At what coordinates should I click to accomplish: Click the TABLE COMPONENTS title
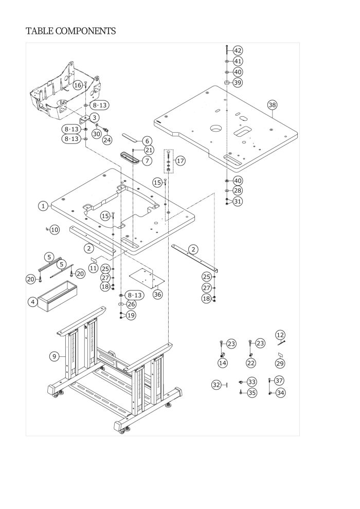tap(70, 31)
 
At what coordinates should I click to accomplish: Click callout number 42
tap(238, 50)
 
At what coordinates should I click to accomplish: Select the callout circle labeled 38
tap(272, 105)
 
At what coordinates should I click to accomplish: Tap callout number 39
tap(238, 83)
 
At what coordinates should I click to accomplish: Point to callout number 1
tap(44, 206)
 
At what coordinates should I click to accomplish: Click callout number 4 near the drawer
tap(33, 302)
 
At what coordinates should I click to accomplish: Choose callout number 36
tap(157, 295)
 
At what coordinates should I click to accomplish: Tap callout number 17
tap(180, 161)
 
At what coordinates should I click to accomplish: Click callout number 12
tap(280, 335)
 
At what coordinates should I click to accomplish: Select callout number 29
tap(280, 363)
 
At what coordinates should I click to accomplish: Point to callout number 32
tap(217, 385)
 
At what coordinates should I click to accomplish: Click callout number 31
tap(238, 202)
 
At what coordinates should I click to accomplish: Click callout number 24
tap(107, 139)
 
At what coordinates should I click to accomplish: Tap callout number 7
tap(147, 161)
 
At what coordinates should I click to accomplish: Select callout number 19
tap(131, 315)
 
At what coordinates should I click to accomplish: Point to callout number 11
tap(94, 268)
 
